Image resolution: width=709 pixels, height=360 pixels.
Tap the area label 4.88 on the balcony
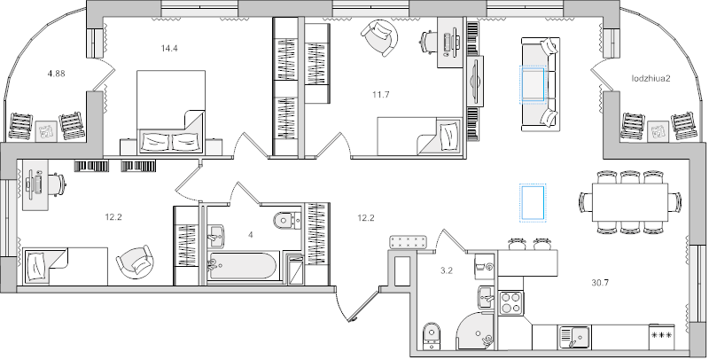[55, 74]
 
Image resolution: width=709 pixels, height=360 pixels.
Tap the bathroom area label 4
[251, 235]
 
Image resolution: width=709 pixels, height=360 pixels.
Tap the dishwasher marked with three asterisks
[660, 337]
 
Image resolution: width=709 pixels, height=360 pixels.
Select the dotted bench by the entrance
[410, 241]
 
